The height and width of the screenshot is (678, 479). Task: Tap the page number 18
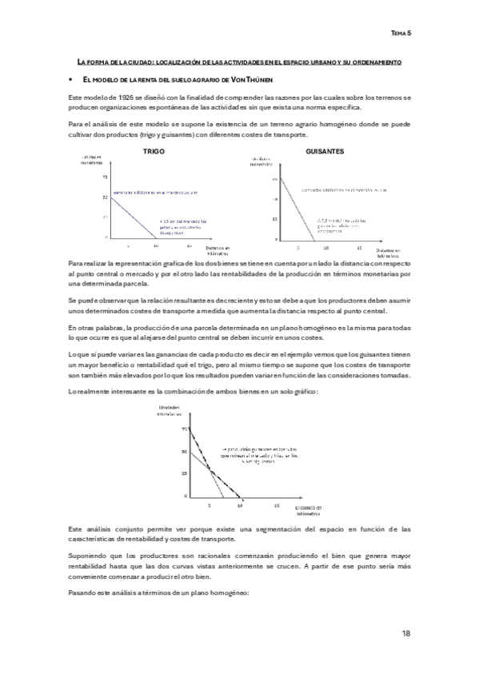point(406,633)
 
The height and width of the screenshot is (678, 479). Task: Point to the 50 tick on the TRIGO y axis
point(105,197)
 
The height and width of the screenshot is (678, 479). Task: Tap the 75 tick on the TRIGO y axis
point(105,177)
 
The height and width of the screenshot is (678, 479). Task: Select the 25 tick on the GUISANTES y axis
point(276,218)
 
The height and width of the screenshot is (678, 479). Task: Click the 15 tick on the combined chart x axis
point(275,506)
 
